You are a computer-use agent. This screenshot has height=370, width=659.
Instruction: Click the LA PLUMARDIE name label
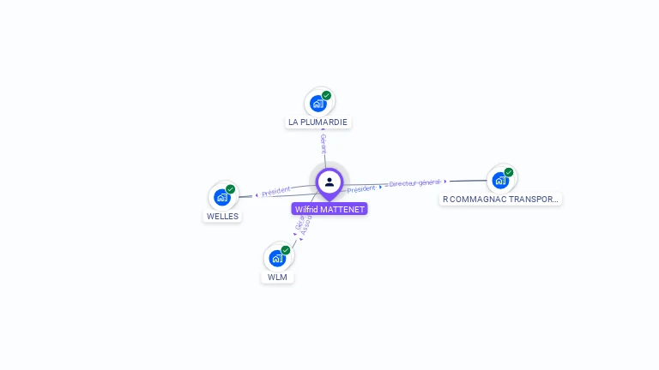point(317,122)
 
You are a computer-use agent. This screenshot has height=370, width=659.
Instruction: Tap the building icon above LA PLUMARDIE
point(318,104)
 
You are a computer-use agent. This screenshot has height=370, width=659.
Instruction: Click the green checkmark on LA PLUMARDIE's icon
point(326,95)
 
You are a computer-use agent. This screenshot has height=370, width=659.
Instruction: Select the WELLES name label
point(222,217)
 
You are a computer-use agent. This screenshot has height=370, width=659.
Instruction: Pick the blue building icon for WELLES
point(222,198)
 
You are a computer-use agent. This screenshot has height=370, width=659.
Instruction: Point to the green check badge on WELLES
point(230,189)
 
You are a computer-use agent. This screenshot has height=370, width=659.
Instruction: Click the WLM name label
point(277,277)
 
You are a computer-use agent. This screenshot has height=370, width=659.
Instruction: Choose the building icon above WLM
point(277,258)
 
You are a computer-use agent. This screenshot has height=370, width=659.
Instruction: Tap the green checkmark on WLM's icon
point(285,250)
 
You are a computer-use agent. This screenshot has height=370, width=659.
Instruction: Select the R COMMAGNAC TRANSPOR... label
point(500,200)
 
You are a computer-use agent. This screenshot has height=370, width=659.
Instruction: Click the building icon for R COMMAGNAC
point(500,181)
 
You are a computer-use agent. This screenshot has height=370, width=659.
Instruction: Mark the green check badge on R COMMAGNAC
point(508,172)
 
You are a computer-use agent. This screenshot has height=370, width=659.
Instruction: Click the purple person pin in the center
point(329,182)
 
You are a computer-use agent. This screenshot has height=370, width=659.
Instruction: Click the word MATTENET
point(342,209)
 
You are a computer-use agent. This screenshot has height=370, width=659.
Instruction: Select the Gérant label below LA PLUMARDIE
point(323,142)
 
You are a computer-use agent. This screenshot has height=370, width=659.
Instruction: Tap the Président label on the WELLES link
point(276,191)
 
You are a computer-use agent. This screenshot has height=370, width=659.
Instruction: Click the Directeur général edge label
point(414,182)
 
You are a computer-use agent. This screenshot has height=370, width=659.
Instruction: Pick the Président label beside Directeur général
point(361,188)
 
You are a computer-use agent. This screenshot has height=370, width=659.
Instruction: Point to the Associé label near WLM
point(305,227)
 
